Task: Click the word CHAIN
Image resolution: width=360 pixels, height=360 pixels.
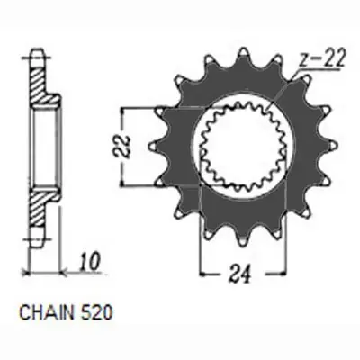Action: click(46, 313)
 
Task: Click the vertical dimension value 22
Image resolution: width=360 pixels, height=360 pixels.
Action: click(122, 147)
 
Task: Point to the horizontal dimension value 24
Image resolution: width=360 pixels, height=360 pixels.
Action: click(239, 274)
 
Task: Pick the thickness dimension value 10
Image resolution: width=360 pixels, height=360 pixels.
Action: click(89, 262)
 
